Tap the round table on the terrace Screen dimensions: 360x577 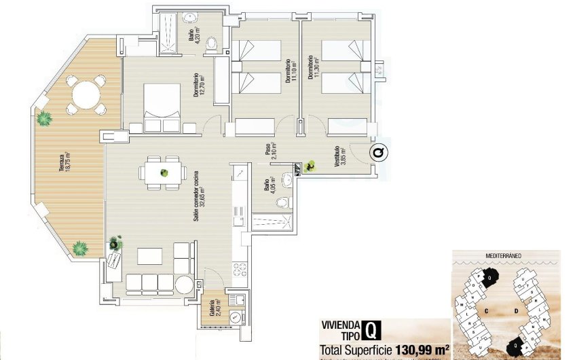pyautogui.click(x=86, y=94)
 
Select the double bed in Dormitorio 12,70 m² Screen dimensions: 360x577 pyautogui.click(x=162, y=101)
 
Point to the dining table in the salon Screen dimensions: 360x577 pyautogui.click(x=164, y=172)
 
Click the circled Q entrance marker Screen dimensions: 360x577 pyautogui.click(x=378, y=153)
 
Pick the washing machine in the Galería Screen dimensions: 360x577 pyautogui.click(x=236, y=316)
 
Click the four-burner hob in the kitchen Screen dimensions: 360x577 pyautogui.click(x=239, y=269)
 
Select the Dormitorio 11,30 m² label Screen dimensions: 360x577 pyautogui.click(x=314, y=68)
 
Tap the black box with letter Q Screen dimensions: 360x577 pyautogui.click(x=371, y=329)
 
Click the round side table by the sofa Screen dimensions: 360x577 pyautogui.click(x=183, y=285)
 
